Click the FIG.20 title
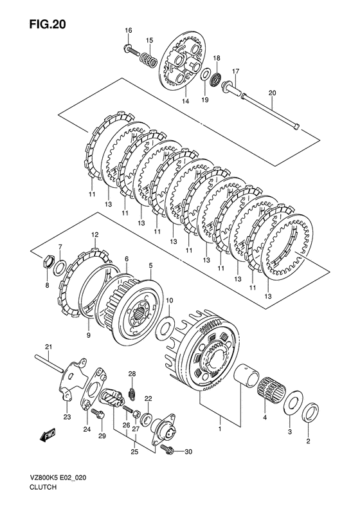pos(48,24)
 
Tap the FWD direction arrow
pos(48,434)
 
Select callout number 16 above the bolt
pos(129,30)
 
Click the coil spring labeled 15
pos(148,59)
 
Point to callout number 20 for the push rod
pos(272,93)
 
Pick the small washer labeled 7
pos(60,267)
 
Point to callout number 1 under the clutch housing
pos(220,429)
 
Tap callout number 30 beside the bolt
pos(188,452)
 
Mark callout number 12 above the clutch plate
pos(94,234)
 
